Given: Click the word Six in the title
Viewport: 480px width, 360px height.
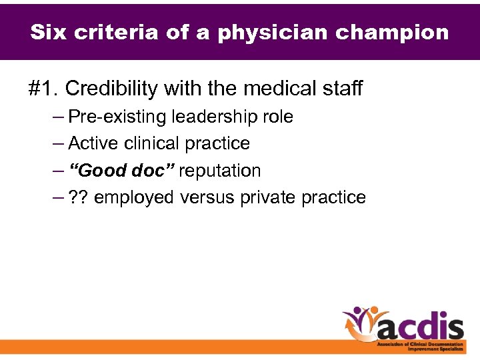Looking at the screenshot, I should tap(49, 32).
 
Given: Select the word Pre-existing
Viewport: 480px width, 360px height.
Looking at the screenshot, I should tap(118, 117).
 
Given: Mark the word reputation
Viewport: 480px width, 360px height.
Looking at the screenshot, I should tap(220, 171).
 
